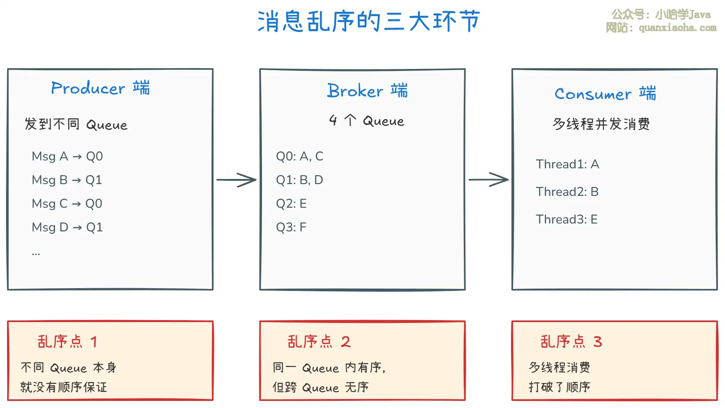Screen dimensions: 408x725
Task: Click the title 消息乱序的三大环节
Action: click(x=369, y=21)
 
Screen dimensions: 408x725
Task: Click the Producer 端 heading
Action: click(x=100, y=88)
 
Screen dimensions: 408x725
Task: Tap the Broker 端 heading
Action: click(x=367, y=91)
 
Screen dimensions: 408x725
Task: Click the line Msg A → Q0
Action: click(x=67, y=156)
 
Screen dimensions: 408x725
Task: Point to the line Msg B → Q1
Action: click(x=67, y=180)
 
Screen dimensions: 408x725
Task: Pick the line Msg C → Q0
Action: click(x=67, y=204)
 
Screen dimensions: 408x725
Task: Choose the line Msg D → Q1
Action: click(x=67, y=227)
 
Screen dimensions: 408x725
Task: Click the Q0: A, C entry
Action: click(x=299, y=156)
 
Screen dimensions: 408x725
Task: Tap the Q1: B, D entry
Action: click(x=299, y=180)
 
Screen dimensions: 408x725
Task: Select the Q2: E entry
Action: click(x=291, y=204)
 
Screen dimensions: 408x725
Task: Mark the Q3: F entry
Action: click(x=291, y=227)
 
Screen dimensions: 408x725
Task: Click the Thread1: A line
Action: click(x=567, y=164)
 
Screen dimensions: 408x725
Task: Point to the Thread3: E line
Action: click(x=567, y=220)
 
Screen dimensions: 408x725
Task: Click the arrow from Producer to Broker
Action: click(x=236, y=180)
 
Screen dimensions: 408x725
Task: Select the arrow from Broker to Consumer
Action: click(x=489, y=180)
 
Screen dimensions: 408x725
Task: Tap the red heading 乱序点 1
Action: click(x=67, y=342)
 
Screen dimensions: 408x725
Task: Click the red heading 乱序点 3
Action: click(x=571, y=342)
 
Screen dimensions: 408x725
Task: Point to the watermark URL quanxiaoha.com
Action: click(x=677, y=28)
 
